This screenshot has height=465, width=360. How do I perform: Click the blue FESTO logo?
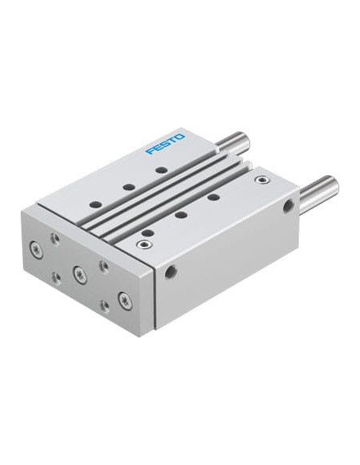coord(165,144)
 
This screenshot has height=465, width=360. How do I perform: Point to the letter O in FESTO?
coord(180,137)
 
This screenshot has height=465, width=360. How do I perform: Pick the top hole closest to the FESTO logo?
coord(162,170)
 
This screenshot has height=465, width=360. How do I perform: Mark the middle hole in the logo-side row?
coord(129,187)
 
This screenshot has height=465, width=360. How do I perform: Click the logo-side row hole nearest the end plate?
coord(96,205)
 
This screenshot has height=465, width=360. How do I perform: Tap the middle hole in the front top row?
coord(181,214)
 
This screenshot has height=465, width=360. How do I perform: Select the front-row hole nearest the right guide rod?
coord(213,197)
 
